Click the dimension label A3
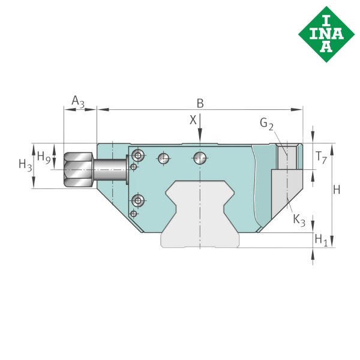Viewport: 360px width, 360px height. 77,101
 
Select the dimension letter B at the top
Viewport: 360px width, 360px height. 200,104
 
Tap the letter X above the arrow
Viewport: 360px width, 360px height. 193,120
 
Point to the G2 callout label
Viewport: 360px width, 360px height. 267,124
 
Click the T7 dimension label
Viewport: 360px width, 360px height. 322,158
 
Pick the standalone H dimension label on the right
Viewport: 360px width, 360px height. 337,190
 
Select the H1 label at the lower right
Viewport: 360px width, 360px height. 322,239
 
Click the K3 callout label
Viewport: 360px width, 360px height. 299,220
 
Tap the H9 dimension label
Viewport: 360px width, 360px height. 44,157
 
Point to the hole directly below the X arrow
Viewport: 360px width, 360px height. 200,158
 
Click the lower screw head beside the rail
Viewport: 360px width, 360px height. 139,200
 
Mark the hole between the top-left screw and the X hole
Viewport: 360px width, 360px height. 162,158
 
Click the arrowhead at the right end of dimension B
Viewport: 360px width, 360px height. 299,109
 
